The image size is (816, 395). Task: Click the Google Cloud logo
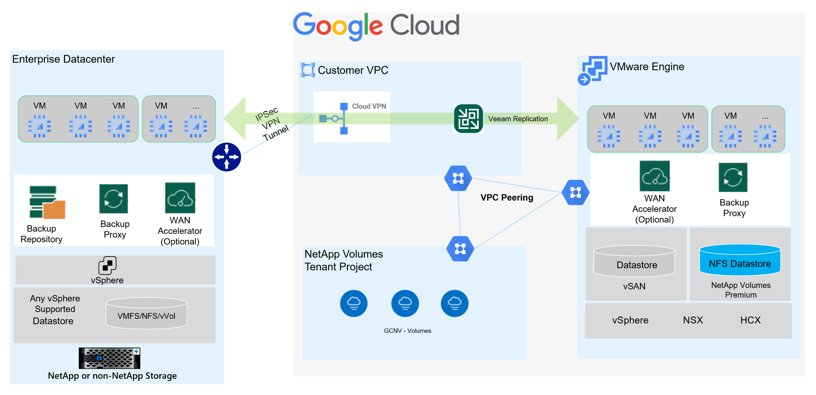pos(376,25)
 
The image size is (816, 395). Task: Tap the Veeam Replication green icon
pos(468,119)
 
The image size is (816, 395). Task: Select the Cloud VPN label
pos(369,106)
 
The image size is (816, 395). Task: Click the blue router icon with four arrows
pos(226,157)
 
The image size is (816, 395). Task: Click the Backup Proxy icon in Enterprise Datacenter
pos(113,199)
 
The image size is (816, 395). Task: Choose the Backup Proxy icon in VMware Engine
pos(733,177)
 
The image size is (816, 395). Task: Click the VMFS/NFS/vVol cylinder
pos(146,313)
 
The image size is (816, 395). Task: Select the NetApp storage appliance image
pos(109,358)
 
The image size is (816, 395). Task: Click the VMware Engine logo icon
pos(593,70)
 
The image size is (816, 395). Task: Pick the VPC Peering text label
pos(507,197)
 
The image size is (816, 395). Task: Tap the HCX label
pos(750,320)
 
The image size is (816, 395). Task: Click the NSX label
pos(693,320)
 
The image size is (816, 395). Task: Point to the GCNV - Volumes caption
pos(407,331)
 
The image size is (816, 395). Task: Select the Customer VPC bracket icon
pos(307,70)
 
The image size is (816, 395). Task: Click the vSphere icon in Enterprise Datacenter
pos(107,265)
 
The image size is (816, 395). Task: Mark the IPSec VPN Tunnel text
pos(272,124)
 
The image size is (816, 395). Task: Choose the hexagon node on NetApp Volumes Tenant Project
pos(460,249)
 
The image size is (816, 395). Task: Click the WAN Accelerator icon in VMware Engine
pos(654,176)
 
